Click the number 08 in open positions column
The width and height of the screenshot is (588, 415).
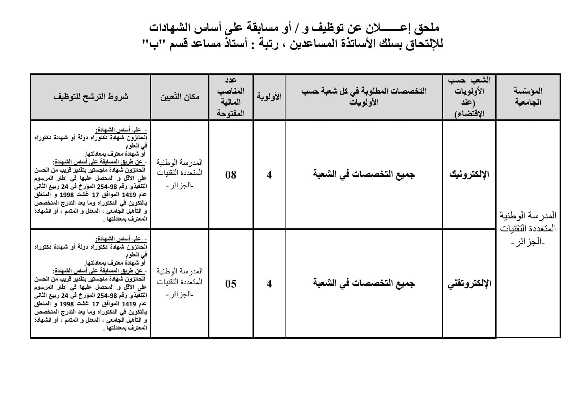click(x=231, y=175)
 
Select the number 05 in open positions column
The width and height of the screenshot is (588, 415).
click(x=231, y=284)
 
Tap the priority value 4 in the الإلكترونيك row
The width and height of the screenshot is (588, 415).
click(x=269, y=175)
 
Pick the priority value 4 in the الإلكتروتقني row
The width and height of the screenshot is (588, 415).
click(x=269, y=284)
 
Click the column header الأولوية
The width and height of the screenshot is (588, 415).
click(x=269, y=97)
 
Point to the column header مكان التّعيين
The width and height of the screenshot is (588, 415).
click(x=180, y=97)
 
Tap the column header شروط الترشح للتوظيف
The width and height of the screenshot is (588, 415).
click(x=90, y=97)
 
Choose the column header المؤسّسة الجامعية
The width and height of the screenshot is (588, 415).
click(x=528, y=97)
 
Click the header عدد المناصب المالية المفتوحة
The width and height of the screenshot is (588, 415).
click(x=231, y=97)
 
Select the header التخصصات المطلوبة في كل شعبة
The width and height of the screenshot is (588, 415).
click(x=364, y=97)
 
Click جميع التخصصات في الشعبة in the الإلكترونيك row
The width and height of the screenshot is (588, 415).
click(x=364, y=174)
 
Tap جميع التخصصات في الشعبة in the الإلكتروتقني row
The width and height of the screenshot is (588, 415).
click(x=364, y=283)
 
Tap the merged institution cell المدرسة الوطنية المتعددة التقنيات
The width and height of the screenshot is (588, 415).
click(x=528, y=228)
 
